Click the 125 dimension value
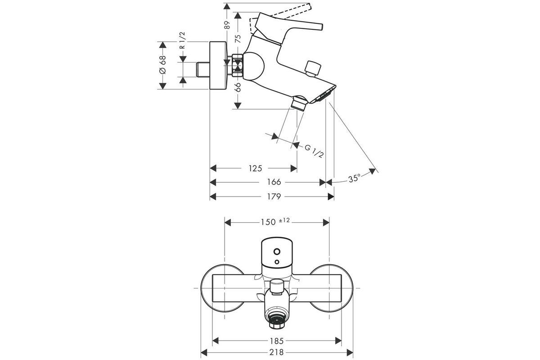click(255, 168)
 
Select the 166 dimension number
click(274, 182)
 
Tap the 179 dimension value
click(274, 197)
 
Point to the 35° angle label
click(355, 179)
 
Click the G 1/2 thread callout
click(314, 151)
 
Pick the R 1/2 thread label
click(183, 40)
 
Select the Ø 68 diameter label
click(163, 65)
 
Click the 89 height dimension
click(227, 25)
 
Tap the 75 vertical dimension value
click(238, 39)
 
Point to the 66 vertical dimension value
click(238, 87)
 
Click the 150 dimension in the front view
click(268, 222)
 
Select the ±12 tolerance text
click(284, 220)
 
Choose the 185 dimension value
click(276, 341)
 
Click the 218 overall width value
click(276, 353)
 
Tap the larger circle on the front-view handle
click(277, 252)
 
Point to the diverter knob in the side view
click(313, 69)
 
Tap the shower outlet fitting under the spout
click(299, 103)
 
